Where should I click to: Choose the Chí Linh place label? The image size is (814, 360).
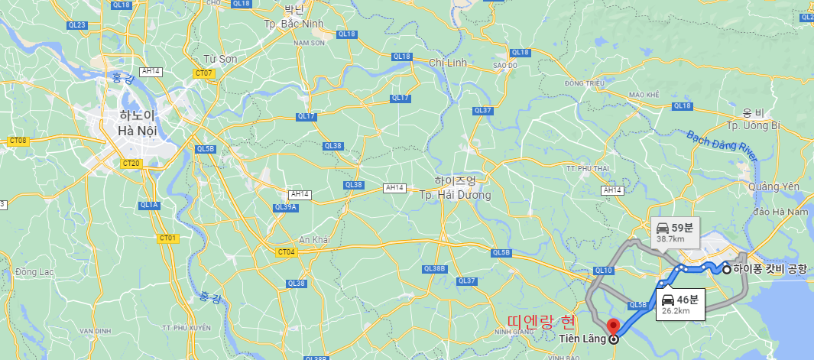point(447,62)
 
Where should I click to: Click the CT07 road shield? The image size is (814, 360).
point(204,74)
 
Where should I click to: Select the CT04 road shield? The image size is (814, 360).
point(287,251)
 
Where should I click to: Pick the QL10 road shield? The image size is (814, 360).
point(604,271)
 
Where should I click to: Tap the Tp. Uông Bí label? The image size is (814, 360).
point(753,125)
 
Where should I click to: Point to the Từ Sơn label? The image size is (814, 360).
point(220,59)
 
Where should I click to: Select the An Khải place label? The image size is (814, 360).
point(314,239)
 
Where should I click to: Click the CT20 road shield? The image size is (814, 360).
point(131,163)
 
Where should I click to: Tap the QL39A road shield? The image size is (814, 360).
point(284,207)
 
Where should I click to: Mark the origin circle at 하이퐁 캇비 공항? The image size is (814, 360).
point(726,269)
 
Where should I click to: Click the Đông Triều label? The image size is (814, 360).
point(584,83)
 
